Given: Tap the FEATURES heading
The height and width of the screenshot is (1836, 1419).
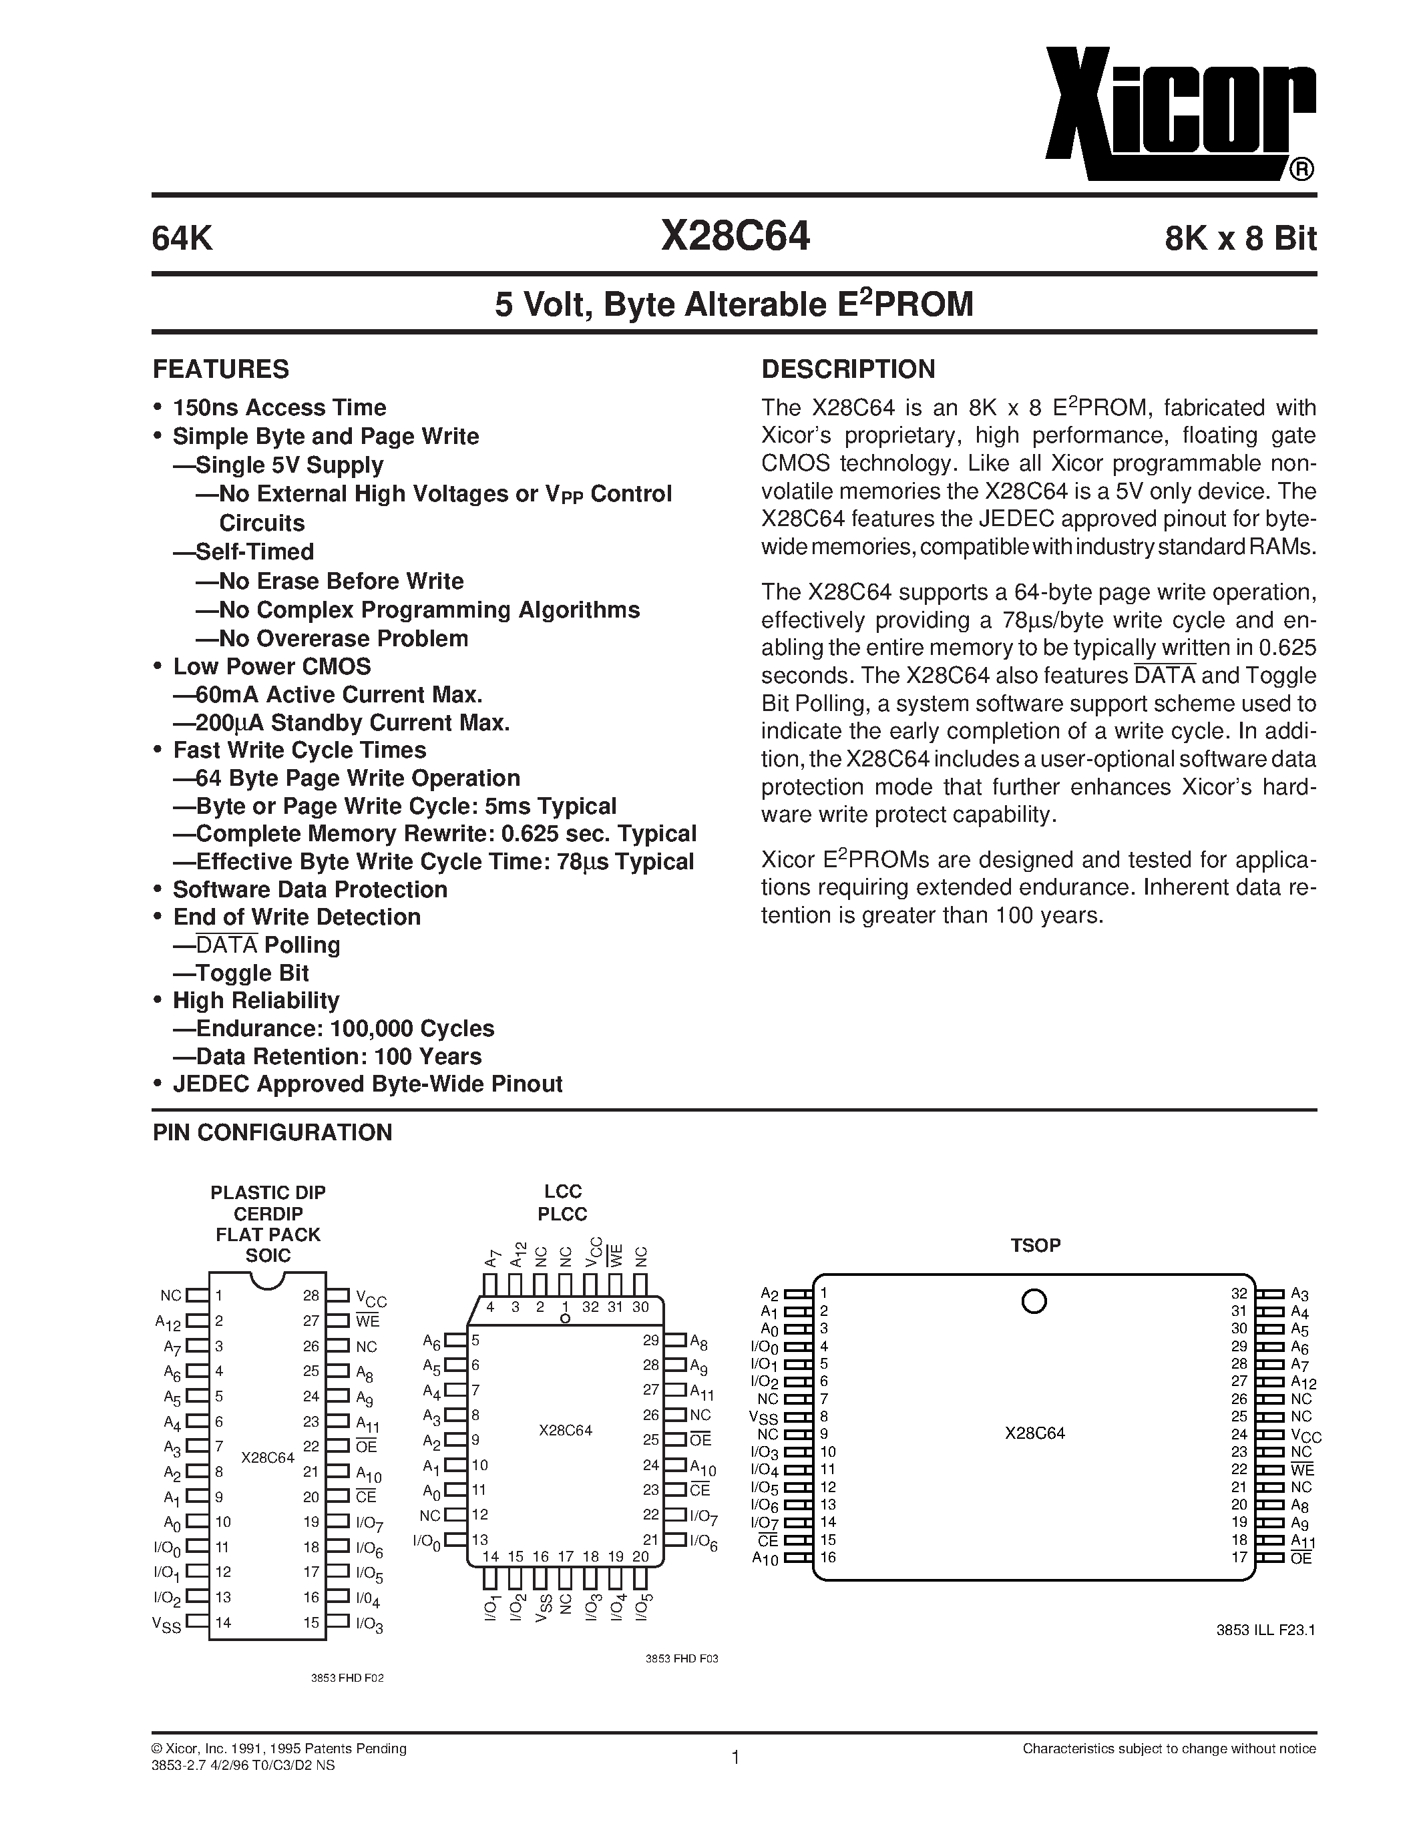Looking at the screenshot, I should [x=220, y=369].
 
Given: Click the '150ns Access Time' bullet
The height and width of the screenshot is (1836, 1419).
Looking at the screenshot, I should [x=279, y=408].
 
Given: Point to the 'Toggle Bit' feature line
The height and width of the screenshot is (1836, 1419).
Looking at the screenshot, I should [x=252, y=973].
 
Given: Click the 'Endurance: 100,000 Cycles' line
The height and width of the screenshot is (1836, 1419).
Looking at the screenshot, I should [x=345, y=1028].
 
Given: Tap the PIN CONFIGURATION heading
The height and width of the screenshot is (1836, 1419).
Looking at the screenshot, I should [x=272, y=1132].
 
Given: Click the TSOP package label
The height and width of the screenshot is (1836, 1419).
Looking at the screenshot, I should [x=1035, y=1245].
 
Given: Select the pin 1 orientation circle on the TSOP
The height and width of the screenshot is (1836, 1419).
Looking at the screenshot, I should [x=1033, y=1302].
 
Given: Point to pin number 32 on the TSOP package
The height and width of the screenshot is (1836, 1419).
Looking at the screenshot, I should [x=1238, y=1294].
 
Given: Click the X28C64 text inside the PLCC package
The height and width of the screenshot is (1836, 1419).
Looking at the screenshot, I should [x=566, y=1430].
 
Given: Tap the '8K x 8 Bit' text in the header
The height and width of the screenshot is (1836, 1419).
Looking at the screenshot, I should [x=1240, y=240].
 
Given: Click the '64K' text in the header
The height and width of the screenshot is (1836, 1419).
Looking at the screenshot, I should [x=182, y=240].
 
